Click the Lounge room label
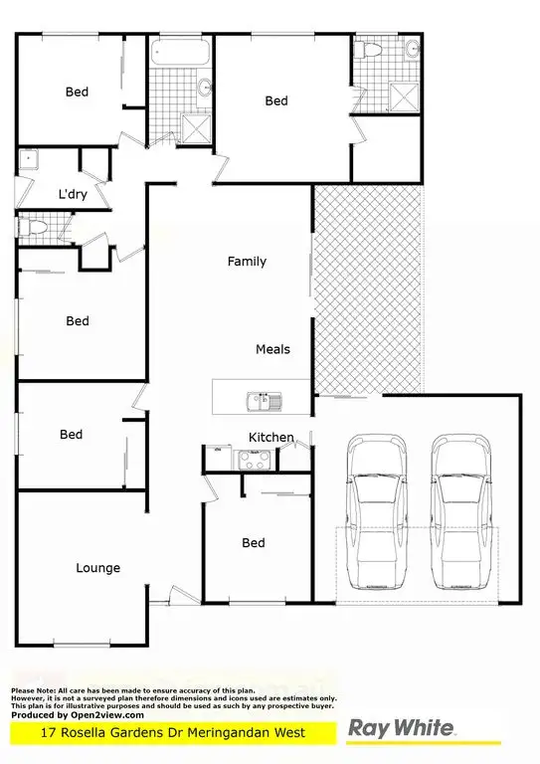(x=97, y=568)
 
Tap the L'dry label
(x=73, y=195)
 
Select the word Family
(x=247, y=262)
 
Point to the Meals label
(x=272, y=349)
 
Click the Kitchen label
(x=270, y=437)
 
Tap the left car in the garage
(x=375, y=517)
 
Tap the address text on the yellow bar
(x=174, y=733)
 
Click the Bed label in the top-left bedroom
(x=77, y=93)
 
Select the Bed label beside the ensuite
(x=275, y=100)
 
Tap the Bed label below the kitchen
(x=254, y=542)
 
